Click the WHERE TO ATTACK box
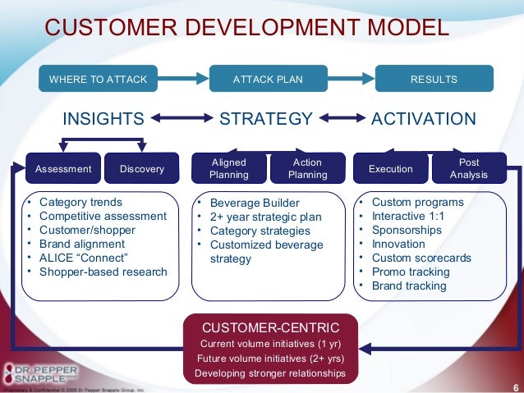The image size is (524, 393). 98,80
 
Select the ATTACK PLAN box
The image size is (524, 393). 268,80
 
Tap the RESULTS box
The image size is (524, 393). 434,80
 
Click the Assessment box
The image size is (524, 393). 63,169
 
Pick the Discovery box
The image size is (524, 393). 141,169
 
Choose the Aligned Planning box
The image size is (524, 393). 228,169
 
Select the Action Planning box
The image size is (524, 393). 307,169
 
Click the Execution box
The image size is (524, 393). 391,169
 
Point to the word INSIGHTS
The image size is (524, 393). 103,119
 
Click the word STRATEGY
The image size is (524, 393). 266,119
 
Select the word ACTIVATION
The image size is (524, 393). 424,119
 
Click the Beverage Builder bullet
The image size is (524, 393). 255,203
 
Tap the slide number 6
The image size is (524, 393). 514,386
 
